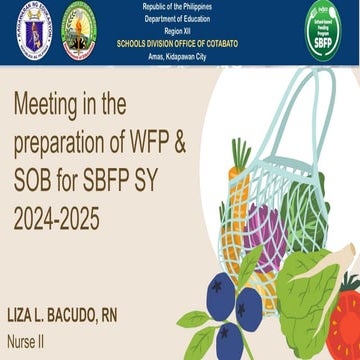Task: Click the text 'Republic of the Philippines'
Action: (x=179, y=7)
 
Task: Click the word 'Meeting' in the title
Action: (x=50, y=103)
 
